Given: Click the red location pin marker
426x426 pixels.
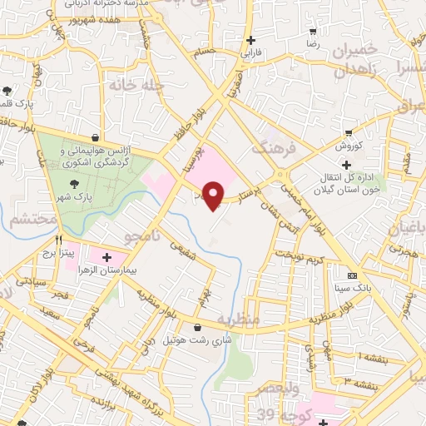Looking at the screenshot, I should [x=214, y=195].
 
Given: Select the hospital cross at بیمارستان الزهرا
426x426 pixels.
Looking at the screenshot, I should [x=106, y=257].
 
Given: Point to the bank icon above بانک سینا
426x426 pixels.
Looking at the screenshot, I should [x=352, y=275].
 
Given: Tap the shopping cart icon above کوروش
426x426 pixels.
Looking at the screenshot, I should [x=349, y=132].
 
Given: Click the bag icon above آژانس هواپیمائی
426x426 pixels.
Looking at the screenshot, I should [x=97, y=136].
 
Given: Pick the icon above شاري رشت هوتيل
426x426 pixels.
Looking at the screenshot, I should [x=197, y=327].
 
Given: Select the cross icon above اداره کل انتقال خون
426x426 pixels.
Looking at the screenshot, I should [x=346, y=165].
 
